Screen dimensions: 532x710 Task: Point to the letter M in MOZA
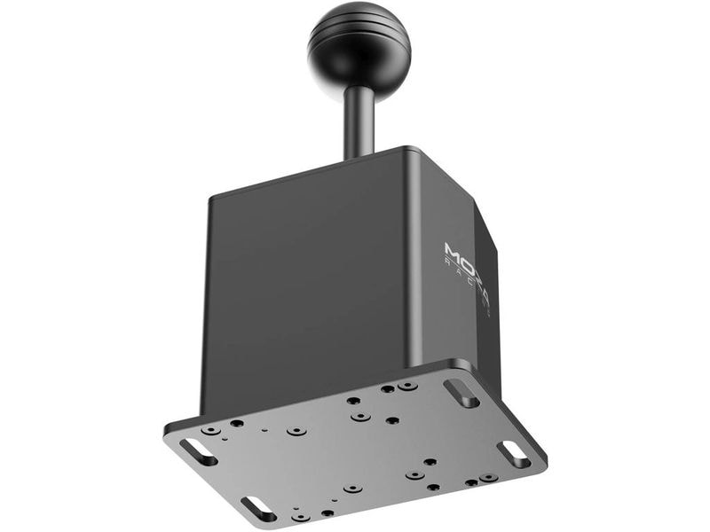pyautogui.click(x=452, y=252)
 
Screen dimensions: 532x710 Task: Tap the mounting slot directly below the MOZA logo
pyautogui.click(x=461, y=393)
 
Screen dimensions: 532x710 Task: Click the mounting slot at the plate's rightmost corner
pyautogui.click(x=514, y=454)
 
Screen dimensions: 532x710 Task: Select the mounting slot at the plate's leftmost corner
pyautogui.click(x=198, y=451)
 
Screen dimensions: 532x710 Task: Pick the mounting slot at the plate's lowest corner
pyautogui.click(x=258, y=509)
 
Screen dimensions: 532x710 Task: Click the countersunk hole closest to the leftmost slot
pyautogui.click(x=210, y=430)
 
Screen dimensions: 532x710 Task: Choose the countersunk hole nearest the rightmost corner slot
pyautogui.click(x=487, y=478)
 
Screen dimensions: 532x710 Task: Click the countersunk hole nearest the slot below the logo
pyautogui.click(x=407, y=386)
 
